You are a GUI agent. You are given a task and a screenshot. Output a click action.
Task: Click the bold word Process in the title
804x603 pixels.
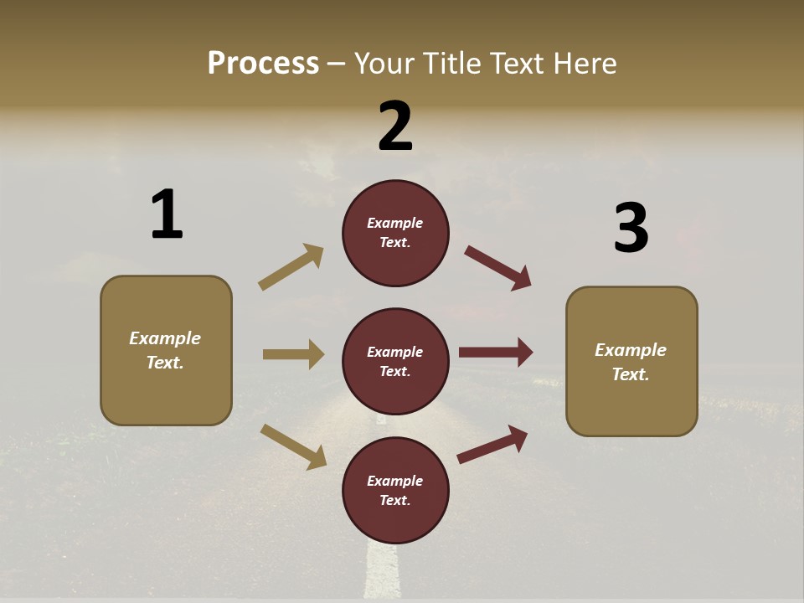(x=263, y=63)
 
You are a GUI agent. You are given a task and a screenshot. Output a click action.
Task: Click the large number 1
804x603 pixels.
(x=167, y=214)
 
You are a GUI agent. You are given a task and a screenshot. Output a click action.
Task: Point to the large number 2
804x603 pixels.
(x=395, y=126)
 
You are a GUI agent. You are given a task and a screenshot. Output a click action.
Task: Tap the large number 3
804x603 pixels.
(x=631, y=228)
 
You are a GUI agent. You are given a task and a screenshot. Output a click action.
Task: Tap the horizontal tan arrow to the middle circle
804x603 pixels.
(x=293, y=354)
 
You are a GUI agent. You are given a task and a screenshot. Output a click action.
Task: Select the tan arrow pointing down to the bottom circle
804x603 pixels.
(x=293, y=446)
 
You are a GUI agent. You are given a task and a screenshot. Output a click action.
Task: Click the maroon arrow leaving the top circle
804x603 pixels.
(x=498, y=268)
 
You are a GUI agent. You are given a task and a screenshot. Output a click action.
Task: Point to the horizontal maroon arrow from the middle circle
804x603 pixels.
(x=496, y=352)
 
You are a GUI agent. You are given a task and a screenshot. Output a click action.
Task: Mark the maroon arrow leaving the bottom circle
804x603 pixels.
(x=492, y=445)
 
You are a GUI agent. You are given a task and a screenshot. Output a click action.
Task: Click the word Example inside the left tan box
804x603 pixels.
(x=165, y=338)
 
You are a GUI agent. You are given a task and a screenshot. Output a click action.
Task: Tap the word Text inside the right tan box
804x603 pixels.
(x=630, y=374)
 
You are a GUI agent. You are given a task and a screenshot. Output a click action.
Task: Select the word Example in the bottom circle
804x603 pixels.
(x=395, y=481)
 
